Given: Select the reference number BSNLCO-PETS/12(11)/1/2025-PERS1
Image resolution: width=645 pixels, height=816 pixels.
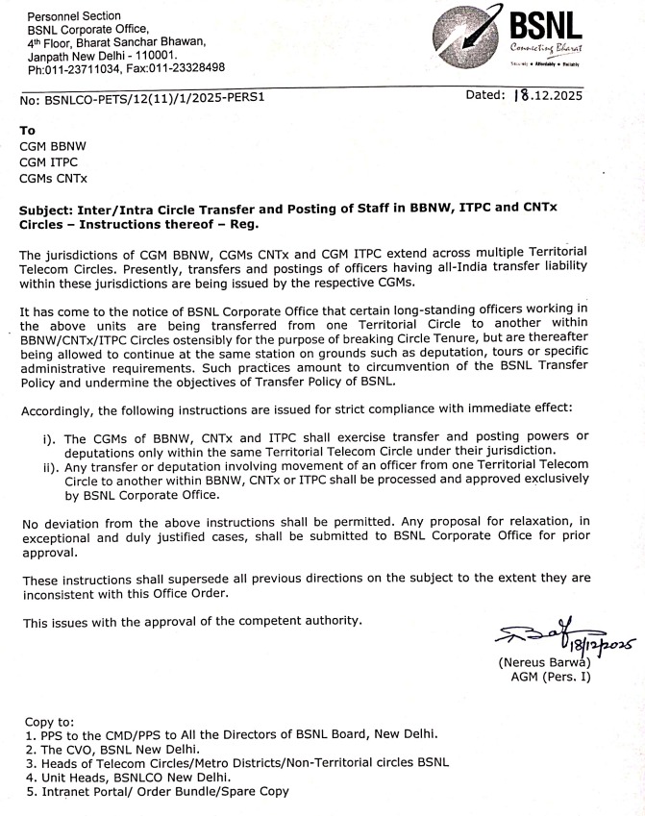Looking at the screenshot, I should [x=154, y=98].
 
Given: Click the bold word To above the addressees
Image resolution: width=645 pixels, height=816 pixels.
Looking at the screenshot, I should [x=28, y=129].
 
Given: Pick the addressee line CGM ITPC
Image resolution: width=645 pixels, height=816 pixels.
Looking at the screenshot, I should [x=50, y=161].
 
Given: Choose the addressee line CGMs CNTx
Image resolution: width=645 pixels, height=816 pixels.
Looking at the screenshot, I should [x=54, y=178].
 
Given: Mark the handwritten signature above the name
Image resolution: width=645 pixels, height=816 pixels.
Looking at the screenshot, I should [x=544, y=633].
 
